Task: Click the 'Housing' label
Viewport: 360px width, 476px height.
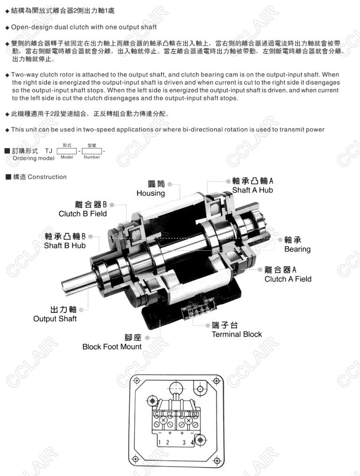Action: pyautogui.click(x=151, y=193)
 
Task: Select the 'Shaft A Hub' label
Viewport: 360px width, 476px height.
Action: pyautogui.click(x=252, y=190)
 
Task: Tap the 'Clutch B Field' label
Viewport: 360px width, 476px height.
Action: pyautogui.click(x=83, y=214)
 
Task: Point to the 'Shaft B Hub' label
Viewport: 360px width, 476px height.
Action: pyautogui.click(x=65, y=245)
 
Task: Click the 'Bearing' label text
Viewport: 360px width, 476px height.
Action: pyautogui.click(x=297, y=249)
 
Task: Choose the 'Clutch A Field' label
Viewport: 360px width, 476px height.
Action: pyautogui.click(x=288, y=279)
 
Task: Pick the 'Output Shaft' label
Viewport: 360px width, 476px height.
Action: pyautogui.click(x=55, y=319)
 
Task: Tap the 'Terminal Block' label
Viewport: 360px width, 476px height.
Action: pyautogui.click(x=237, y=334)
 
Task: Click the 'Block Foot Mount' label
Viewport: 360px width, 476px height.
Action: pyautogui.click(x=112, y=346)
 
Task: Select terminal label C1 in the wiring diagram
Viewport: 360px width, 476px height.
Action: pyautogui.click(x=157, y=414)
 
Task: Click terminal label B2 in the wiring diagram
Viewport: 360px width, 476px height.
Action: pyautogui.click(x=194, y=414)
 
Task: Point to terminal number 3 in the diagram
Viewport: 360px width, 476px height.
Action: pyautogui.click(x=184, y=442)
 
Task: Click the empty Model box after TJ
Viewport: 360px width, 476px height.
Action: pyautogui.click(x=67, y=151)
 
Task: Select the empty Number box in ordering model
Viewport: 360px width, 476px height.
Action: pyautogui.click(x=92, y=151)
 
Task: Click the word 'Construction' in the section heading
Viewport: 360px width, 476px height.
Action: pyautogui.click(x=47, y=177)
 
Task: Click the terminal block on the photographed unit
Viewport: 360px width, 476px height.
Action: pyautogui.click(x=199, y=309)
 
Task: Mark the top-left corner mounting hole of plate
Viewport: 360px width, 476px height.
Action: pyautogui.click(x=137, y=381)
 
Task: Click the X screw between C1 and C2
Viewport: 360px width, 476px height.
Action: pyautogui.click(x=163, y=420)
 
